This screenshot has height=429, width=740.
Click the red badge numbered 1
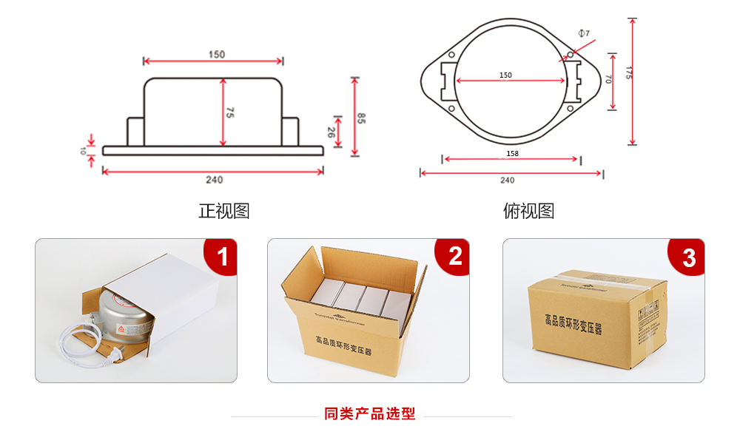221,257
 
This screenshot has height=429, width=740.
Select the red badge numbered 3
687,257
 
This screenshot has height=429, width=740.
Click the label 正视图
223,211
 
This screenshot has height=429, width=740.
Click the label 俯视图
528,211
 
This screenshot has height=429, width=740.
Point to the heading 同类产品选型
370,413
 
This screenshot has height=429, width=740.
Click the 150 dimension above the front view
217,55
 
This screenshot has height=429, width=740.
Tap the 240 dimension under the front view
214,180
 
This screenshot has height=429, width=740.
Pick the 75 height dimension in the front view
230,113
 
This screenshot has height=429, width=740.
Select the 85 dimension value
361,118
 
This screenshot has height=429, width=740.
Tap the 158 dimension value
512,154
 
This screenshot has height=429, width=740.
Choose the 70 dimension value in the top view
608,79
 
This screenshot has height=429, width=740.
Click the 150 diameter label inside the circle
505,75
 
